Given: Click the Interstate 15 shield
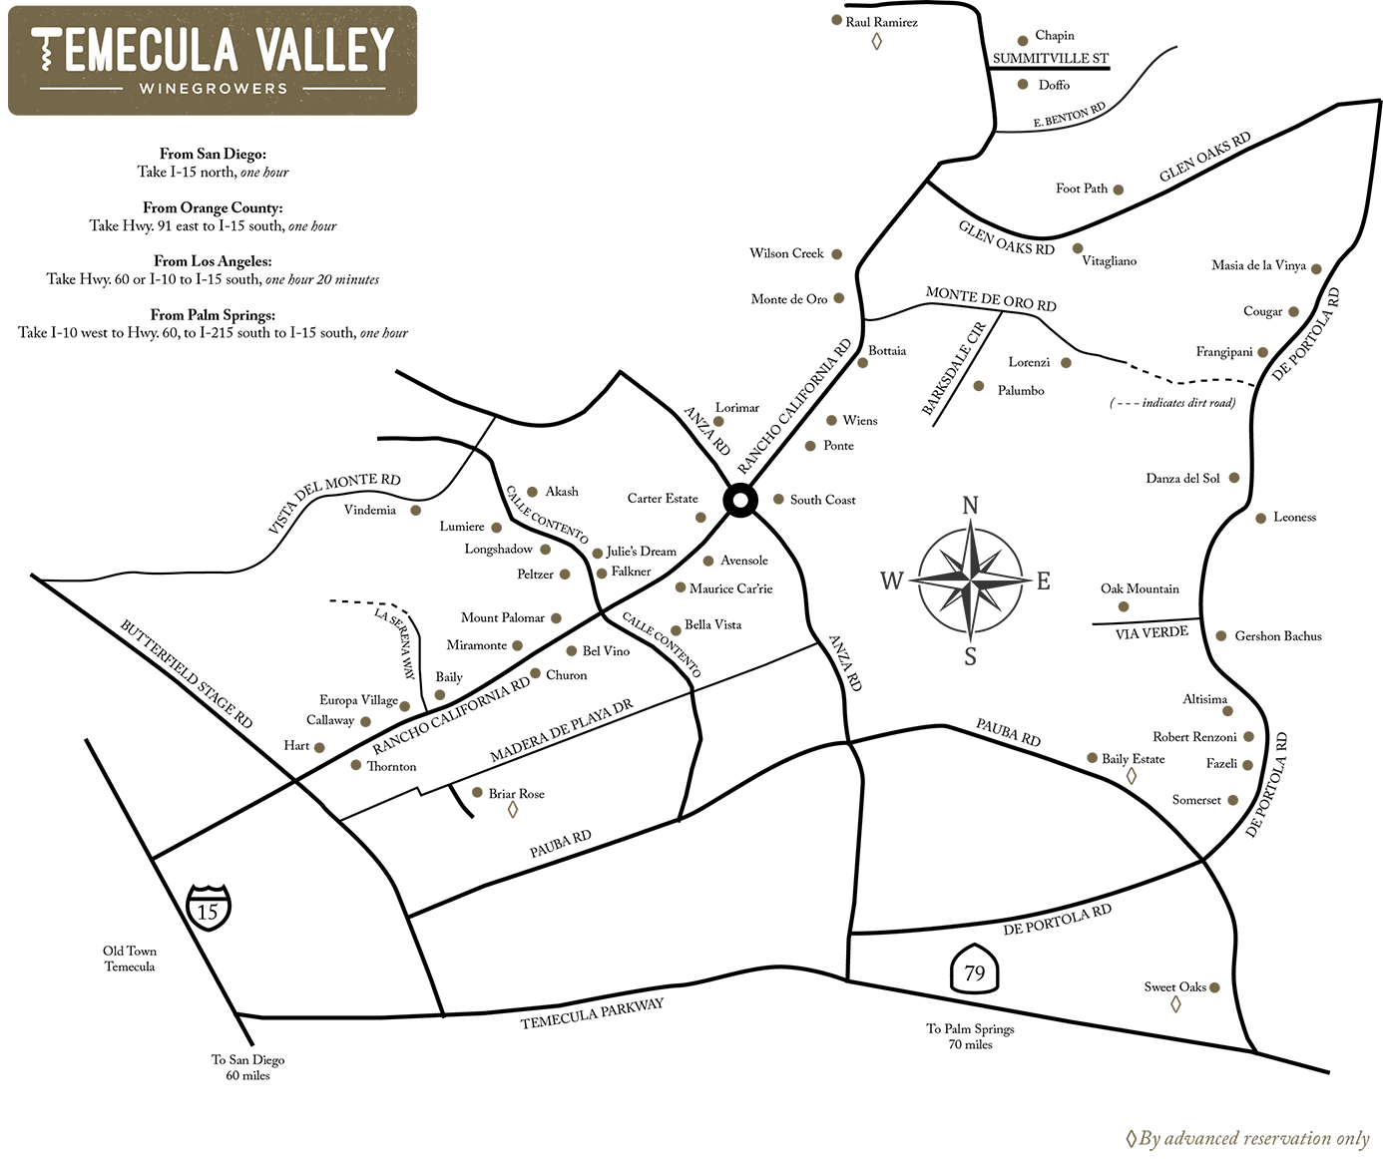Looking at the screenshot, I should [x=208, y=907].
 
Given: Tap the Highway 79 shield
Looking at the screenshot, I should [x=974, y=970].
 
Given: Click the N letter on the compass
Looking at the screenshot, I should [x=970, y=506].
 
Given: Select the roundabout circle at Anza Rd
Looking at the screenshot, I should [x=740, y=501].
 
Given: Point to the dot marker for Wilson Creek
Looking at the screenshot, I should [x=837, y=254].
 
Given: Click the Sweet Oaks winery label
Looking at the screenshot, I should [x=1174, y=987].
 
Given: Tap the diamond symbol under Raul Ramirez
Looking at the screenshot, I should [x=877, y=41].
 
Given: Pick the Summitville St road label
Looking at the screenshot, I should [x=1051, y=59].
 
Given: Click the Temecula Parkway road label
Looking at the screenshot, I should [x=592, y=1013].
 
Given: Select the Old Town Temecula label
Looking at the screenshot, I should [x=130, y=959].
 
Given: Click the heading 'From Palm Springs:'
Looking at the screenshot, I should [x=213, y=315].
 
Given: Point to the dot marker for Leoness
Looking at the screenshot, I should [x=1261, y=518].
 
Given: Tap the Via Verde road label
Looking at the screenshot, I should [x=1152, y=632].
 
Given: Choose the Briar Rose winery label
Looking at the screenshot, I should [x=516, y=794].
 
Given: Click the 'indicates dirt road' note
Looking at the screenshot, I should [x=1172, y=403].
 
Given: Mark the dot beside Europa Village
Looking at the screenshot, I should [x=405, y=705].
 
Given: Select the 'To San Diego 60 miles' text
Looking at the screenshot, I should [x=247, y=1067].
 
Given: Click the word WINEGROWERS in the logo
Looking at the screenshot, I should [x=213, y=88].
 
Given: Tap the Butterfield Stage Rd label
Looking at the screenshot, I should [x=187, y=673].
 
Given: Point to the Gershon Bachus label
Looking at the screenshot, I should [x=1277, y=636].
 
